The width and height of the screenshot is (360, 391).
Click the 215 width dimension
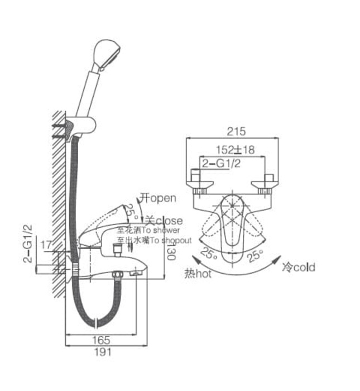click(237, 132)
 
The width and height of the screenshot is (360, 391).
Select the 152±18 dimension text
click(235, 150)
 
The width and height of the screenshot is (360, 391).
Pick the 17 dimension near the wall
click(46, 244)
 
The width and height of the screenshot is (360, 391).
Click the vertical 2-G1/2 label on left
click(26, 244)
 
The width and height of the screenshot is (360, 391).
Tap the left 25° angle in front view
click(210, 254)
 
